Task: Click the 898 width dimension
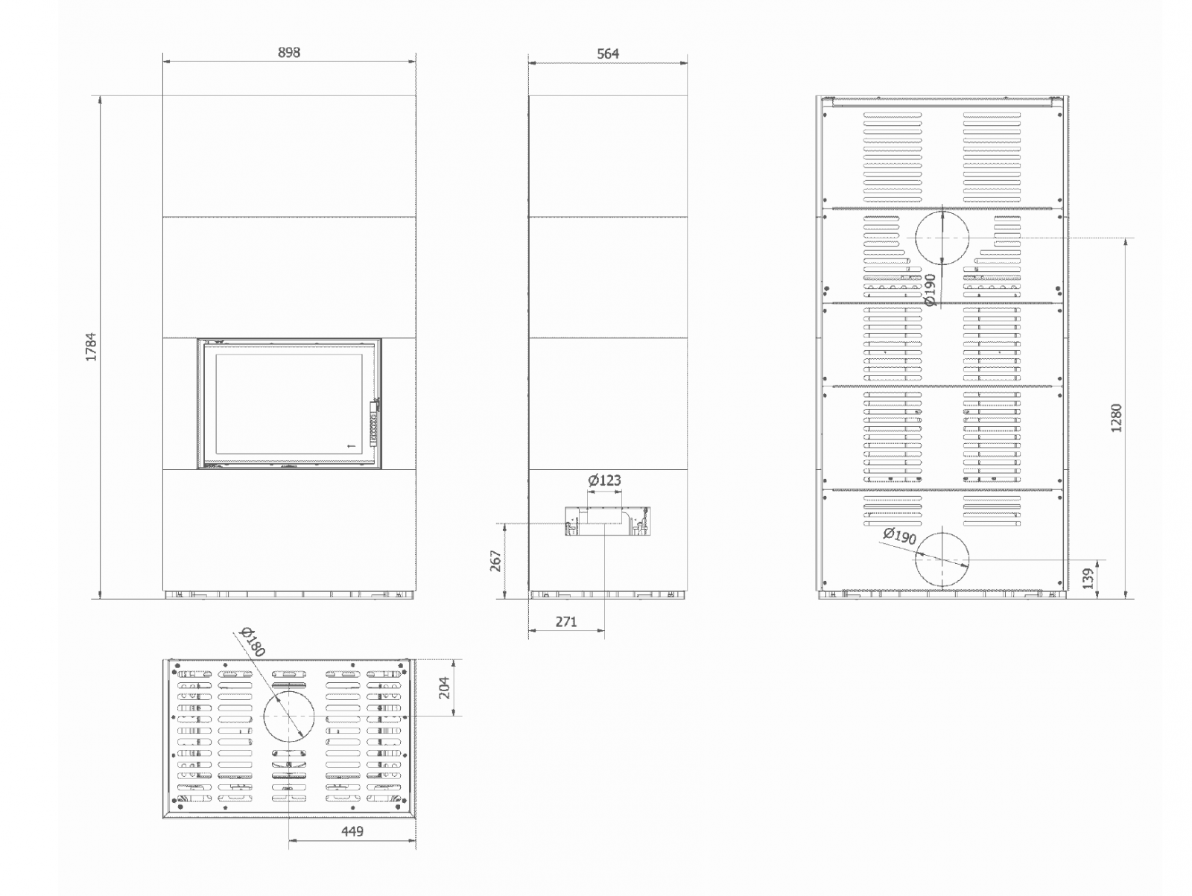[289, 52]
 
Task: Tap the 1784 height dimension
[91, 347]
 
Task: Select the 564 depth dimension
[608, 54]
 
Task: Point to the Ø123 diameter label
[604, 480]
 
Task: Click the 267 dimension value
[496, 561]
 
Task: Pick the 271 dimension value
[566, 622]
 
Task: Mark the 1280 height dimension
[1116, 418]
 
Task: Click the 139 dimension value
[1088, 579]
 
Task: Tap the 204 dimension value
[444, 687]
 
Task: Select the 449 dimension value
[352, 831]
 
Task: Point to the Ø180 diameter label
[253, 642]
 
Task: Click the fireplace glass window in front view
[289, 404]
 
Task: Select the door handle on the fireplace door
[374, 423]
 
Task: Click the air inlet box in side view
[608, 521]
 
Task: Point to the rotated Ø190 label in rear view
[930, 290]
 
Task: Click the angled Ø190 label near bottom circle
[900, 536]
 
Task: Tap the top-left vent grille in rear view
[893, 157]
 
